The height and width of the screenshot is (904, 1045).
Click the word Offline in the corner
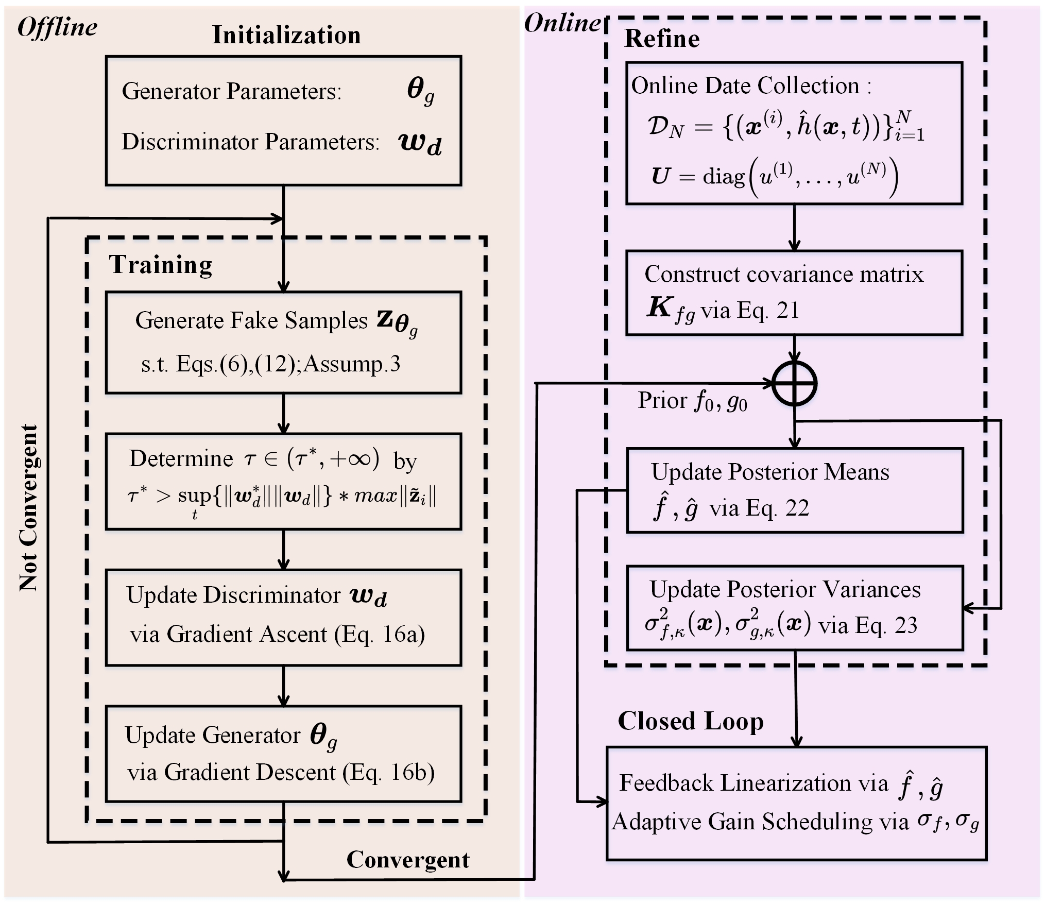coord(57,27)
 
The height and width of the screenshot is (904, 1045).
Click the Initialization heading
coord(286,36)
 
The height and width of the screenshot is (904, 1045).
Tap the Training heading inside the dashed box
coord(160,265)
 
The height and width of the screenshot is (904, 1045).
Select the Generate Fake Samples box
coord(283,343)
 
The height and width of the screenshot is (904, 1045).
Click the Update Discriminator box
coord(283,617)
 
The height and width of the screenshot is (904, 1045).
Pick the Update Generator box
coord(283,754)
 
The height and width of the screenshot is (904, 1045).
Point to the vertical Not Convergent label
coord(29,507)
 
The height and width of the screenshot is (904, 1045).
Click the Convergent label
coord(407,859)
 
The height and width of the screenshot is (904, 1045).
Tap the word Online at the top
coord(562,24)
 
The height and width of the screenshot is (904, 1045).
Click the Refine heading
coord(662,39)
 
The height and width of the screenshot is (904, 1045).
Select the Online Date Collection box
coord(794,133)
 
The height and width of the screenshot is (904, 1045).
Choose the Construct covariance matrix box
coord(794,293)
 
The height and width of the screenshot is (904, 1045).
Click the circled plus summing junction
coord(795,384)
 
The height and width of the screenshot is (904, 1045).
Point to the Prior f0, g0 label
coord(692,401)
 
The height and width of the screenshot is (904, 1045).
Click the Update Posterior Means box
coord(794,490)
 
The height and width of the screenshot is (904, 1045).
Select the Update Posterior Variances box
coord(794,608)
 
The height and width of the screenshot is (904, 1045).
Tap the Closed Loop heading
coord(690,721)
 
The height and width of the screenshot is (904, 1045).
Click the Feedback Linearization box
coord(796,803)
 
